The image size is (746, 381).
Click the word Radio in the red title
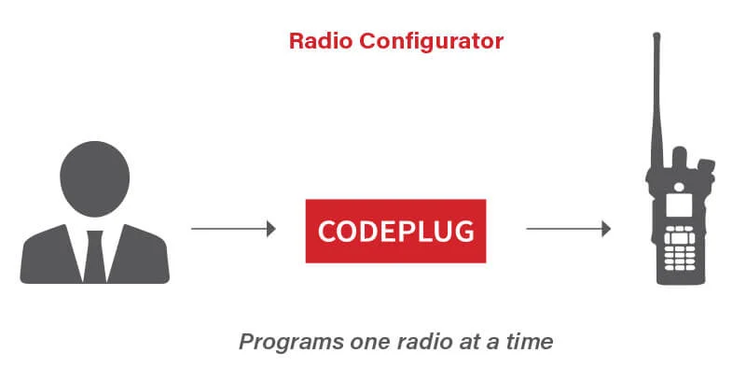pyautogui.click(x=318, y=41)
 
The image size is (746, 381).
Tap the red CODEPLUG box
pyautogui.click(x=395, y=231)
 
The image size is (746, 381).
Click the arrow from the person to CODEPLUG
pyautogui.click(x=233, y=229)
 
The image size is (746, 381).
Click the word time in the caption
pyautogui.click(x=530, y=342)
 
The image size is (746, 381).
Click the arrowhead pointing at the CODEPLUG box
pyautogui.click(x=271, y=229)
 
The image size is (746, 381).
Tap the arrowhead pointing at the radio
pyautogui.click(x=605, y=229)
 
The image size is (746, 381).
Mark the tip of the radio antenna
pyautogui.click(x=656, y=35)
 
